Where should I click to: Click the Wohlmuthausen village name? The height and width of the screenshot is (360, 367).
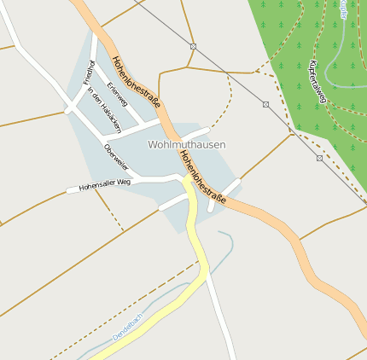187,144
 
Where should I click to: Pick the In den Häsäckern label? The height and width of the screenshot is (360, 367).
104,107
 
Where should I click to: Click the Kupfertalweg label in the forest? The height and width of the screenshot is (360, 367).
317,82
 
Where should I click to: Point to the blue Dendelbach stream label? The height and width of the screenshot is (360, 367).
129,326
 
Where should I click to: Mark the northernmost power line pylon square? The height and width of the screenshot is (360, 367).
193,46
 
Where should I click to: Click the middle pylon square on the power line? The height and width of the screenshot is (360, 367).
266,104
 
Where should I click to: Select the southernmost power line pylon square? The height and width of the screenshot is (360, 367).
319,158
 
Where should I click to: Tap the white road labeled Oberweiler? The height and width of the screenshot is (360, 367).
128,168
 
